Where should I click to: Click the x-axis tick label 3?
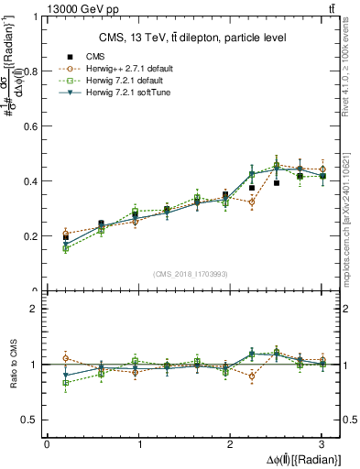322,444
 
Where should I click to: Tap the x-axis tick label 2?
230,444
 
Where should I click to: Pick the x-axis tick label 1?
138,444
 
